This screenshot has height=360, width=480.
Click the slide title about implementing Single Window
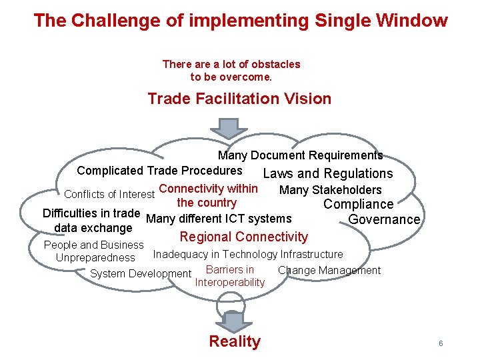click(x=241, y=21)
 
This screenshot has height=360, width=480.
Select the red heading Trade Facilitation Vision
click(x=239, y=99)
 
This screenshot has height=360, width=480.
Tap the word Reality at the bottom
click(x=235, y=342)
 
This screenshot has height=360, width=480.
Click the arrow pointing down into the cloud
click(x=229, y=128)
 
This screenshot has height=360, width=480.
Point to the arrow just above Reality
click(x=234, y=321)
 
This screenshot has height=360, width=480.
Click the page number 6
click(x=441, y=343)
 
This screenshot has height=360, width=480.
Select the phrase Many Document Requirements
click(x=300, y=155)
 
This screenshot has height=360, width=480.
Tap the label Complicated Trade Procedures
click(x=159, y=171)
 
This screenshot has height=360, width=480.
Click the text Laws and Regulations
click(x=328, y=174)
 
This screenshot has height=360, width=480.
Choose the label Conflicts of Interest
click(x=109, y=195)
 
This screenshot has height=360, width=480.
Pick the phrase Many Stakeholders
click(x=331, y=191)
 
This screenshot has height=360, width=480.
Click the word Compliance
click(x=358, y=205)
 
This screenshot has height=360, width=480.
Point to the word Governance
click(x=384, y=219)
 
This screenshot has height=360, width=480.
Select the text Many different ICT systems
click(x=219, y=219)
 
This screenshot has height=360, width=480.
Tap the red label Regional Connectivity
click(x=244, y=237)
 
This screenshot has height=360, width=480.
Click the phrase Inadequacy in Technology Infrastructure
click(x=248, y=254)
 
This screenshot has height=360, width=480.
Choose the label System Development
click(x=141, y=273)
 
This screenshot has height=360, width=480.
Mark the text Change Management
click(x=329, y=270)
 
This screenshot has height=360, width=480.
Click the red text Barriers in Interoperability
click(x=230, y=276)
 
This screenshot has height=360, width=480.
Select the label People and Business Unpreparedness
click(x=94, y=251)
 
